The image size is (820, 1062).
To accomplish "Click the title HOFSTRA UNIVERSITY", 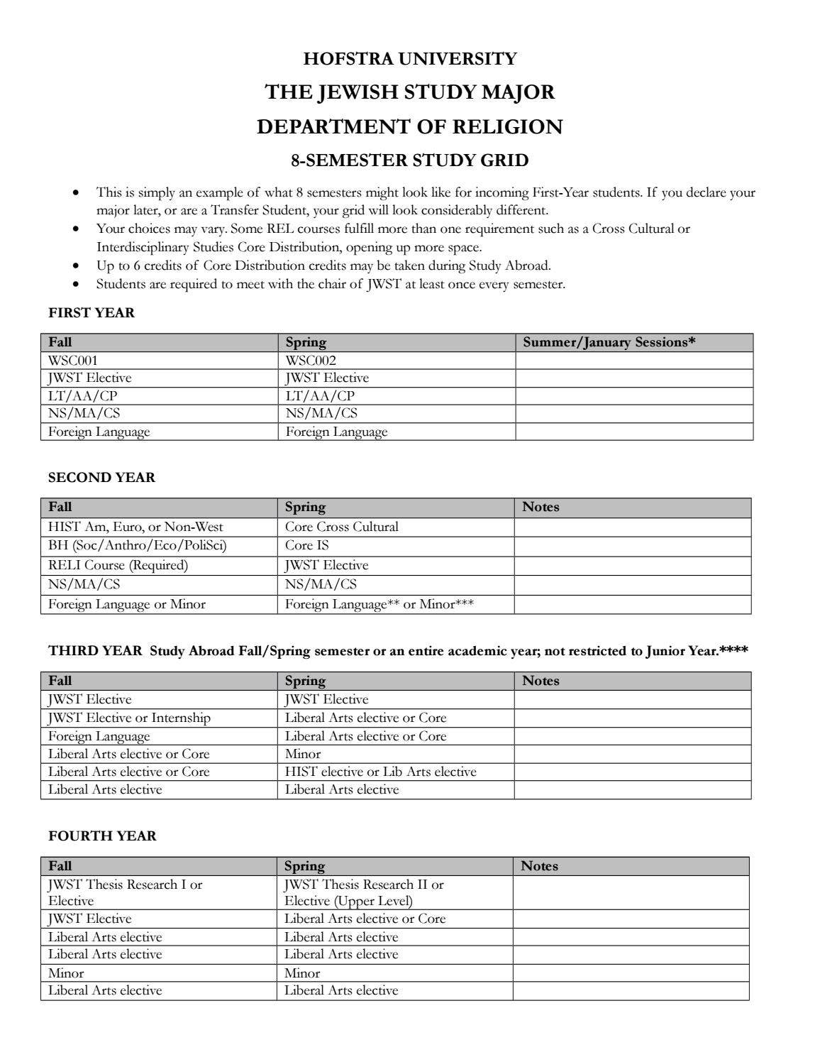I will pos(409,58).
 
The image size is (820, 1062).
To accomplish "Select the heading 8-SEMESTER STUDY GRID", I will pos(409,160).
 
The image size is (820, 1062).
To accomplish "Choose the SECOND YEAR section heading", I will pos(101,478).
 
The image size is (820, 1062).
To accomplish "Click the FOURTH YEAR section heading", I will pos(102,836).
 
